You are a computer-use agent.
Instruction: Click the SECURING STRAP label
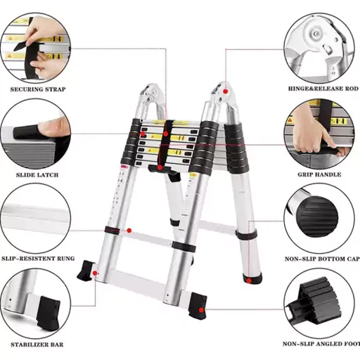coord(38,89)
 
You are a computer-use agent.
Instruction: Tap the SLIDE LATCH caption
coord(37,175)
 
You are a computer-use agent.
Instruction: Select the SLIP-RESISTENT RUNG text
coord(38,259)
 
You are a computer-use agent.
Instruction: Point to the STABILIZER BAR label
coord(37,345)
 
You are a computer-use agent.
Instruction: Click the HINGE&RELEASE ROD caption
coord(323,89)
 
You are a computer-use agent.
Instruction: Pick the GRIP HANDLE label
coord(319,174)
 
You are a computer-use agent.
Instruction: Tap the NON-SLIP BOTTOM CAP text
coord(322,259)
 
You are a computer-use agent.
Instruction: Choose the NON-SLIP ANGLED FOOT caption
coord(321,344)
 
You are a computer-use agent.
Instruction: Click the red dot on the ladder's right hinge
coord(225,91)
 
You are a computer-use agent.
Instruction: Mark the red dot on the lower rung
coord(129,231)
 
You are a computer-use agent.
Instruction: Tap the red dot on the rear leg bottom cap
coord(249,281)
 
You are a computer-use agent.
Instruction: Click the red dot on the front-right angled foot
coord(201,310)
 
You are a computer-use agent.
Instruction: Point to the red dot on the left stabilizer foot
coord(95,273)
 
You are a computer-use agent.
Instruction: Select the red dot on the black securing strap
coord(166,134)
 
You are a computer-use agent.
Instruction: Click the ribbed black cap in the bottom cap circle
coord(317,216)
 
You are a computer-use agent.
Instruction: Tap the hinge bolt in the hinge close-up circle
coord(315,34)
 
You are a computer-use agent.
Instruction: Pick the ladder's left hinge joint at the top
coord(150,96)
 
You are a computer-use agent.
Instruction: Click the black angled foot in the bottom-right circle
coord(314,302)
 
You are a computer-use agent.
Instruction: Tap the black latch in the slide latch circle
coord(26,132)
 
